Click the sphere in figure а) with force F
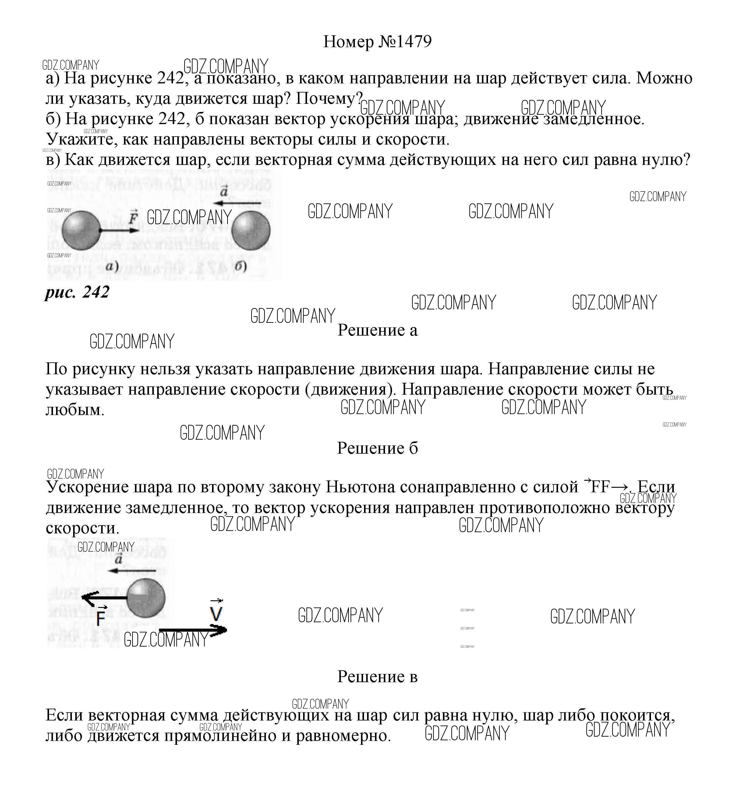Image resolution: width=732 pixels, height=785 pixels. tap(81, 230)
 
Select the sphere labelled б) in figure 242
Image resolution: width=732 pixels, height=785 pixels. tap(251, 230)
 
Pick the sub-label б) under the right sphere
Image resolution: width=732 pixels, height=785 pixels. tap(240, 267)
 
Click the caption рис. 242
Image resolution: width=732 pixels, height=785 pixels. tap(77, 292)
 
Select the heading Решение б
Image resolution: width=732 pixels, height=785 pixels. tap(377, 448)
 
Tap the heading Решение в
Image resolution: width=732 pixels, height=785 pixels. tap(377, 677)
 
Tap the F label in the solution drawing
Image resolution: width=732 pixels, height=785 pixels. tap(101, 617)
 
